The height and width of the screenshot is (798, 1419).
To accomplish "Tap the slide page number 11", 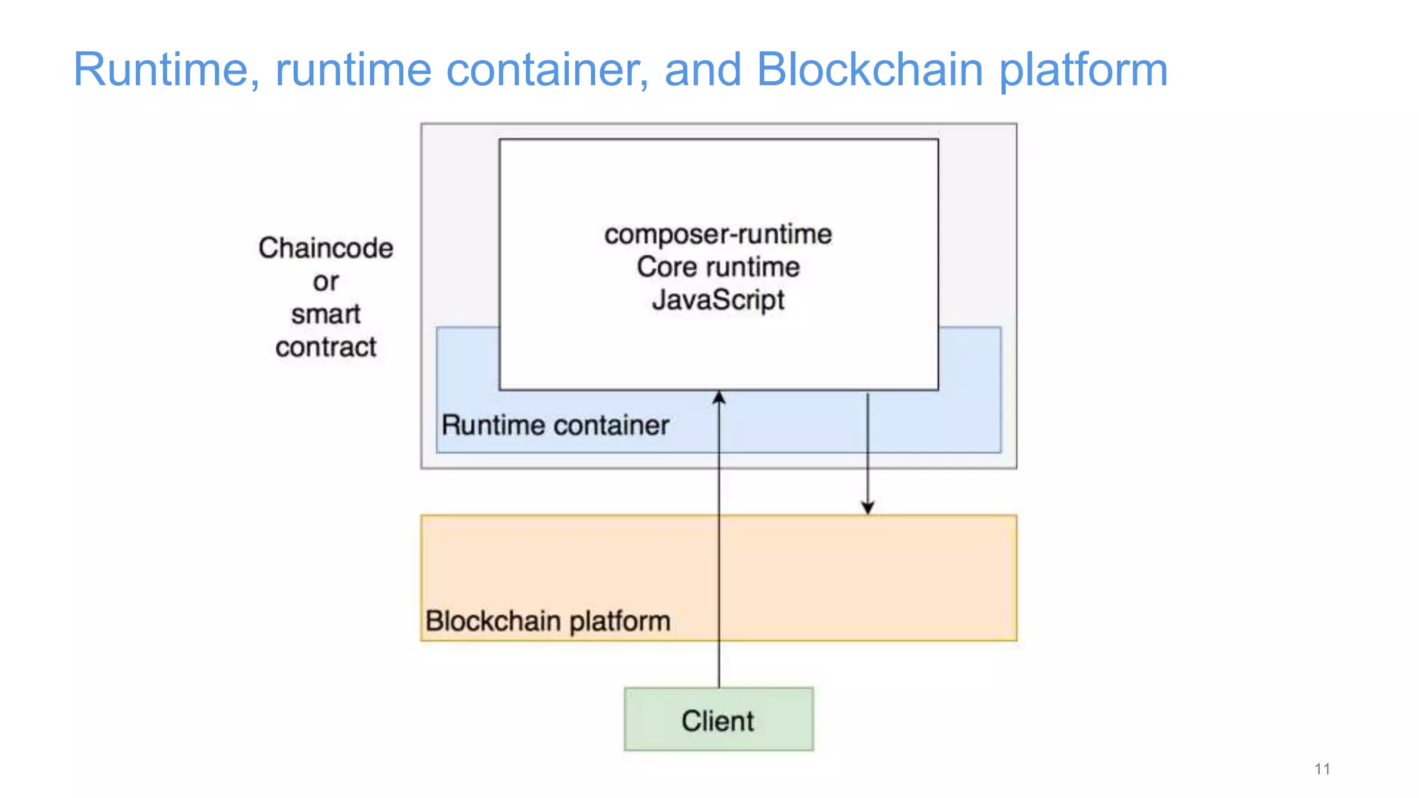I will point(1321,769).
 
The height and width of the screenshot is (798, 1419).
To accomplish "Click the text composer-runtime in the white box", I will point(718,234).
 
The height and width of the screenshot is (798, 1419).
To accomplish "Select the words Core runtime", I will point(718,267).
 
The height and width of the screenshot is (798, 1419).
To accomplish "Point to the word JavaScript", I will point(718,300).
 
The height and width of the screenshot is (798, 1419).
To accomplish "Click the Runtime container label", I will point(555,425).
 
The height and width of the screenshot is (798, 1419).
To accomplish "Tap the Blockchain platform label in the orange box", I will point(547,621).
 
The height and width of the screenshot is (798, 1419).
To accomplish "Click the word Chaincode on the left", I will point(326,248).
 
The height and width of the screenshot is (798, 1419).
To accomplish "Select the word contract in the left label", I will point(326,346).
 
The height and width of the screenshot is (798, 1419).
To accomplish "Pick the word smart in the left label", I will point(326,314).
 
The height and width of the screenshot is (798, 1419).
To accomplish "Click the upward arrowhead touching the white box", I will point(719,398).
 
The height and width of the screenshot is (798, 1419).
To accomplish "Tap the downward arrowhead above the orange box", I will point(867,508).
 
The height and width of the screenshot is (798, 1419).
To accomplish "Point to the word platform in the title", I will point(1083,69).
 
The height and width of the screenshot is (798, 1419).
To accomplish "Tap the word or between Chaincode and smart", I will point(326,281).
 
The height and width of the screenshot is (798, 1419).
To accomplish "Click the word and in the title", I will point(703,69).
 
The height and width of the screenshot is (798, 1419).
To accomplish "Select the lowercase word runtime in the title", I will point(353,69).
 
